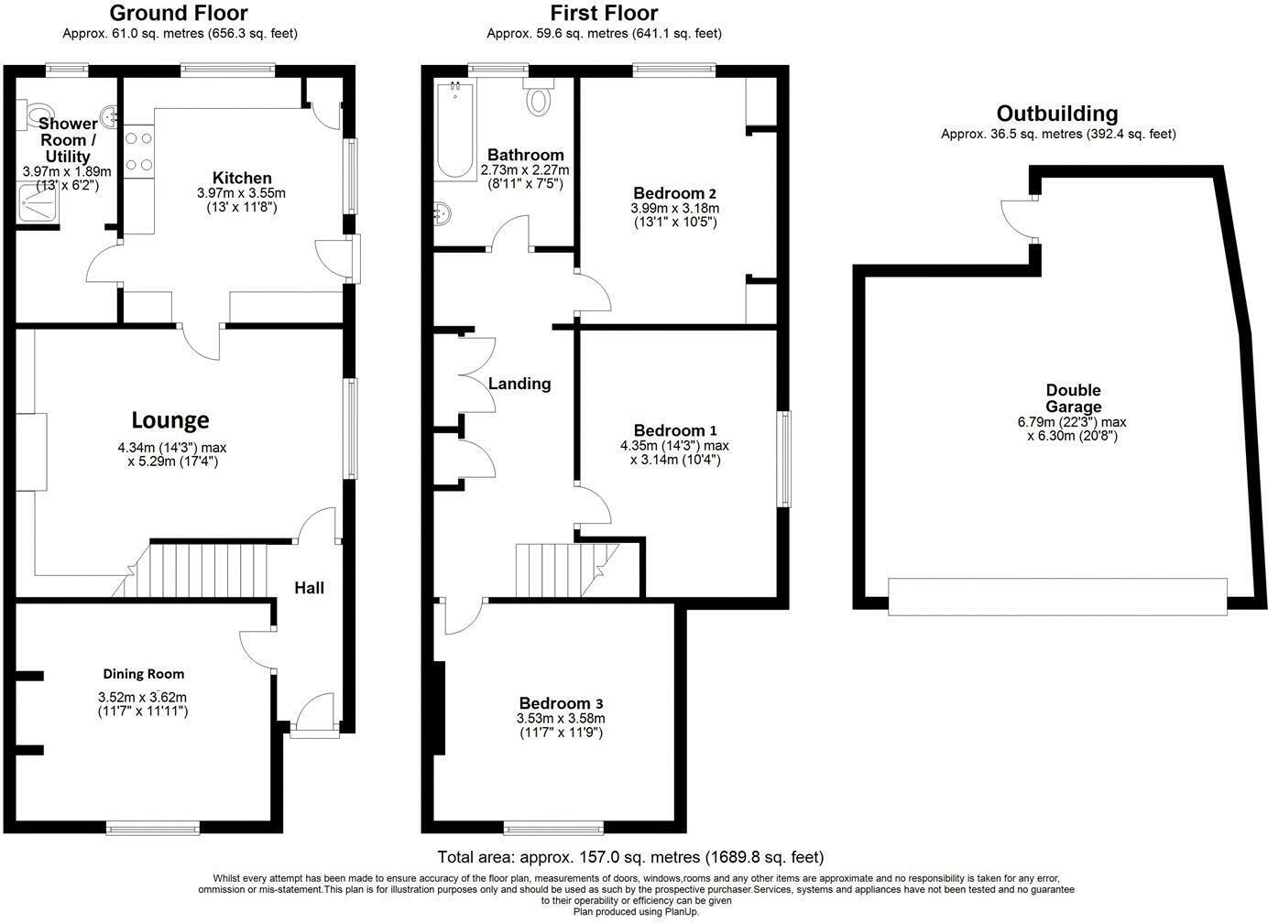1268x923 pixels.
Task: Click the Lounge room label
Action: pos(170,420)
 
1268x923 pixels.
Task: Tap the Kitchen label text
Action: pos(242,178)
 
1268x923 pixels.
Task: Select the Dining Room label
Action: pos(143,674)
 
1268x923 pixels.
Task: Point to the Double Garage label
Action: pos(1074,398)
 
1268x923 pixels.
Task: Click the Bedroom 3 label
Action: pos(560,703)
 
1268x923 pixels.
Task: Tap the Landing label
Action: pos(519,384)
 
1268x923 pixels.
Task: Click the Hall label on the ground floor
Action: pos(309,588)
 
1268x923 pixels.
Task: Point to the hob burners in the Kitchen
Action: pos(138,152)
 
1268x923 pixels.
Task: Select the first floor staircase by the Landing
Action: pos(559,570)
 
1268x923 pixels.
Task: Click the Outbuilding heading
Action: pos(1057,114)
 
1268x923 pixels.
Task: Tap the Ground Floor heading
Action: pos(179,13)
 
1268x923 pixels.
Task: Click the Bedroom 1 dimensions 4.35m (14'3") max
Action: pos(674,446)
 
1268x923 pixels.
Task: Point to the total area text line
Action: pos(630,858)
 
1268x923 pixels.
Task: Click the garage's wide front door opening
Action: pos(1057,596)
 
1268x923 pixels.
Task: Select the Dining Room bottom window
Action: pos(153,829)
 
